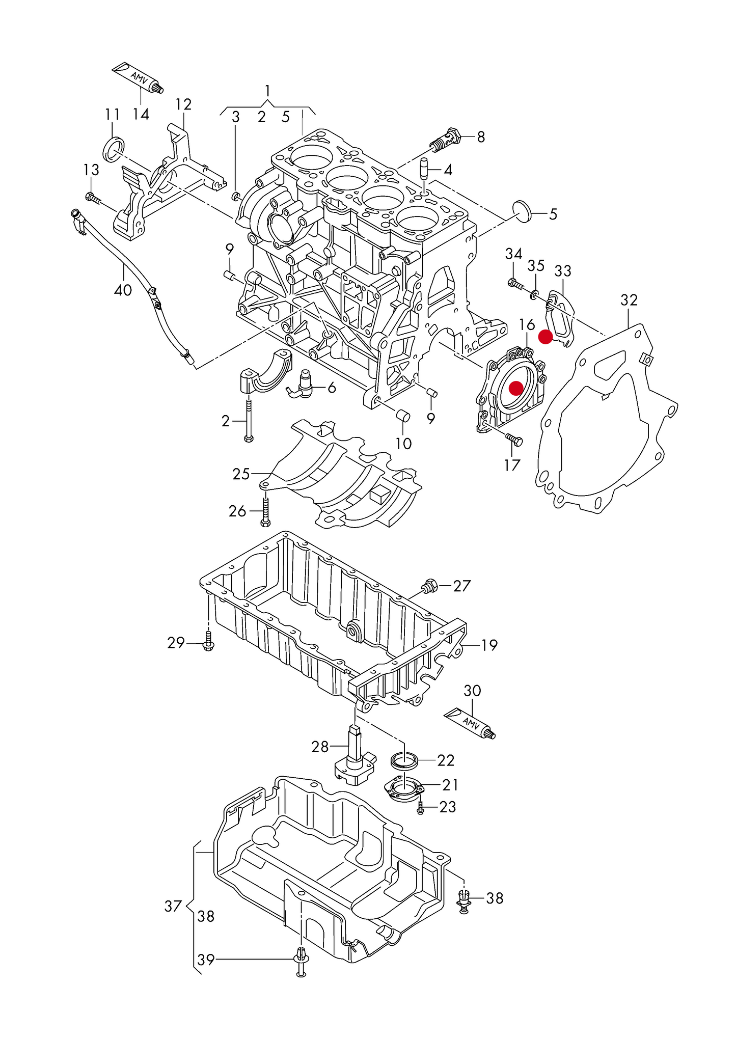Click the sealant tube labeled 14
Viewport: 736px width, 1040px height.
pyautogui.click(x=137, y=77)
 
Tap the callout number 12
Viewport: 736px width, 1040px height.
pyautogui.click(x=183, y=104)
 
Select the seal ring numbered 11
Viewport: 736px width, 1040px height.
pyautogui.click(x=114, y=149)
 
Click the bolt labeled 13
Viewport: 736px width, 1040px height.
pyautogui.click(x=93, y=198)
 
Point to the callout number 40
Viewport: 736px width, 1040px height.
pyautogui.click(x=123, y=290)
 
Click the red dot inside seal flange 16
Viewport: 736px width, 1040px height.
pyautogui.click(x=516, y=388)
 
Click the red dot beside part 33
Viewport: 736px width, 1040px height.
pyautogui.click(x=545, y=337)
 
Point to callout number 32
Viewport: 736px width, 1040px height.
pyautogui.click(x=629, y=300)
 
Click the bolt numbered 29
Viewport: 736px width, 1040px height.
pyautogui.click(x=208, y=641)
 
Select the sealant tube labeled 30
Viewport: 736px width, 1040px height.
pyautogui.click(x=470, y=723)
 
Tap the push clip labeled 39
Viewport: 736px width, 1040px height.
pyautogui.click(x=301, y=960)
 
